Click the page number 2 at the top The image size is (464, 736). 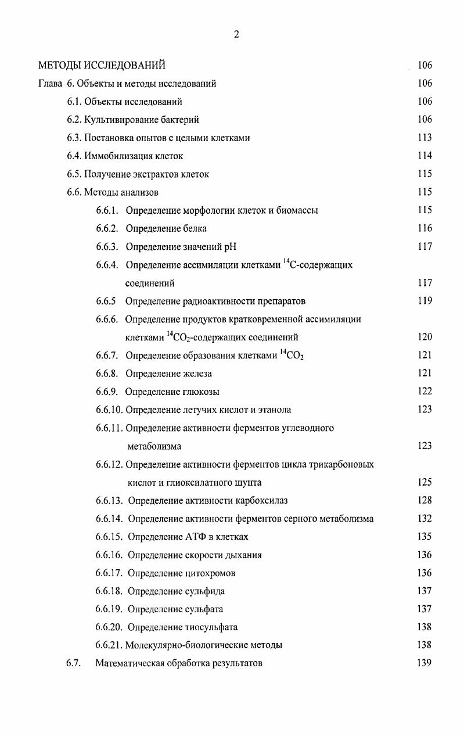coord(236,34)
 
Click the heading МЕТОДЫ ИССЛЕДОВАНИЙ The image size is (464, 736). coord(102,65)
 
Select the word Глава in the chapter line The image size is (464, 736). coord(49,83)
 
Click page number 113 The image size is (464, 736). coord(425,138)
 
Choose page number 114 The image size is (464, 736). coord(425,156)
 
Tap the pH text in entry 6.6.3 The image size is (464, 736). coord(230,246)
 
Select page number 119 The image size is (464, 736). coord(425,301)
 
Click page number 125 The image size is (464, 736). coord(425,482)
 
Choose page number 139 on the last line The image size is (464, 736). coord(425,663)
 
